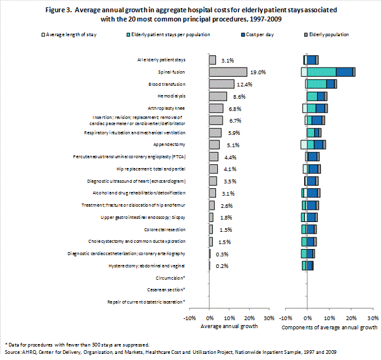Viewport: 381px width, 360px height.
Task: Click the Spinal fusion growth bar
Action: (x=228, y=72)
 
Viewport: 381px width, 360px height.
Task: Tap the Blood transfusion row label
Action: (x=167, y=84)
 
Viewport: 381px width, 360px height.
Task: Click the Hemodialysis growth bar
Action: (x=218, y=96)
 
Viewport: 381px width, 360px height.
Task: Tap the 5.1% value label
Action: (x=231, y=145)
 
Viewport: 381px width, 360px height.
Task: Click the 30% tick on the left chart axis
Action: (x=269, y=318)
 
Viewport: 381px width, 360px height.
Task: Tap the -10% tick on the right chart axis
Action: (x=285, y=318)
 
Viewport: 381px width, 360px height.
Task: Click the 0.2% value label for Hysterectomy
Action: (x=222, y=266)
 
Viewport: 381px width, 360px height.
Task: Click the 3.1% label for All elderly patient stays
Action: (x=228, y=60)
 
